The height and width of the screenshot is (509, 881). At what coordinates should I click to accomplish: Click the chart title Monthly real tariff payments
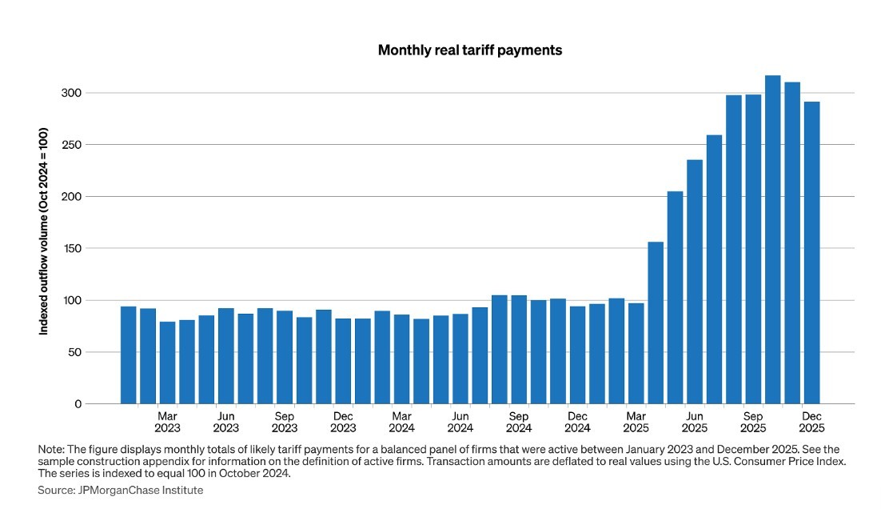click(470, 50)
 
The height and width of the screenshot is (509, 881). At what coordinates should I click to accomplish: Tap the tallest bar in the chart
click(772, 239)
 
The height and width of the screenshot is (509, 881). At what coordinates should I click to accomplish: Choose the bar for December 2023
click(343, 361)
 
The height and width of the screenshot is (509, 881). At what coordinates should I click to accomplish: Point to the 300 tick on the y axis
click(72, 93)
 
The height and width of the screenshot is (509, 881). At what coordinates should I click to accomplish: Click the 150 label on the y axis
click(72, 248)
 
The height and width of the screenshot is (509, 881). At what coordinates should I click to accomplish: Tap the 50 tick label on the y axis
click(74, 352)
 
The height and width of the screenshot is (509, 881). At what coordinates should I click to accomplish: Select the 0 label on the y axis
click(78, 404)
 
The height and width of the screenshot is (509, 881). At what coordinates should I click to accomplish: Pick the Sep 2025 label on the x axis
click(753, 422)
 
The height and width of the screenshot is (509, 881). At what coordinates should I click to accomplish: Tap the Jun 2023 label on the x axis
click(226, 422)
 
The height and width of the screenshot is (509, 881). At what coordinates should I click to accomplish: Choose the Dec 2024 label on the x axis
click(577, 422)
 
